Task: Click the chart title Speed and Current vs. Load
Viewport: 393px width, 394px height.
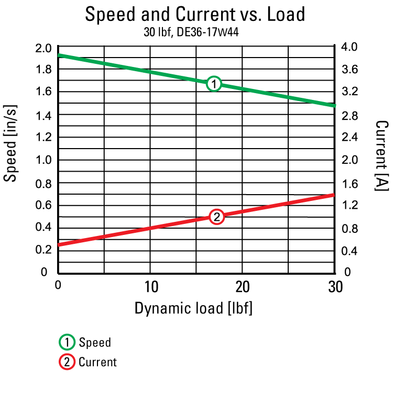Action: [x=195, y=14]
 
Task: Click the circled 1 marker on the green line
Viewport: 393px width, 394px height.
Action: [x=214, y=84]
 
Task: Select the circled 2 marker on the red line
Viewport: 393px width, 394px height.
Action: [x=217, y=217]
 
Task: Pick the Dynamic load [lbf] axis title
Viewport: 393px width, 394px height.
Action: [x=193, y=308]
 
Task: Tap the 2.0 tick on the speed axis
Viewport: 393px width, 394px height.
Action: [x=43, y=48]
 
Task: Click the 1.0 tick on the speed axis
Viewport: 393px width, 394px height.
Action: [x=43, y=160]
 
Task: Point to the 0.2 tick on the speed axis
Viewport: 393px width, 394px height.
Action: [x=43, y=250]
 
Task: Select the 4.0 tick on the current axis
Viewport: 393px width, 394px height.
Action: [x=348, y=48]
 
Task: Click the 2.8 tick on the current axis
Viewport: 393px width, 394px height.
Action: [x=348, y=115]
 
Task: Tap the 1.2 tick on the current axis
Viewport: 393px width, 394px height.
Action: [x=348, y=205]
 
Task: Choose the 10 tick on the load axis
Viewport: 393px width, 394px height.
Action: [x=150, y=287]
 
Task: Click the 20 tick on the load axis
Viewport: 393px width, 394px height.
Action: [x=242, y=287]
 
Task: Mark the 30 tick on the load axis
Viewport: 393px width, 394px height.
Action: [x=334, y=287]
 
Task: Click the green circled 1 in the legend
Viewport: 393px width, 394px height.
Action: [x=66, y=343]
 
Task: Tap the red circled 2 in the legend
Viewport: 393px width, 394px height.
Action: [x=66, y=362]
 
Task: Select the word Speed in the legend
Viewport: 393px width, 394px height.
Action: [x=95, y=343]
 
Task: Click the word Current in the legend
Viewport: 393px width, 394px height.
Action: [x=97, y=362]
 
